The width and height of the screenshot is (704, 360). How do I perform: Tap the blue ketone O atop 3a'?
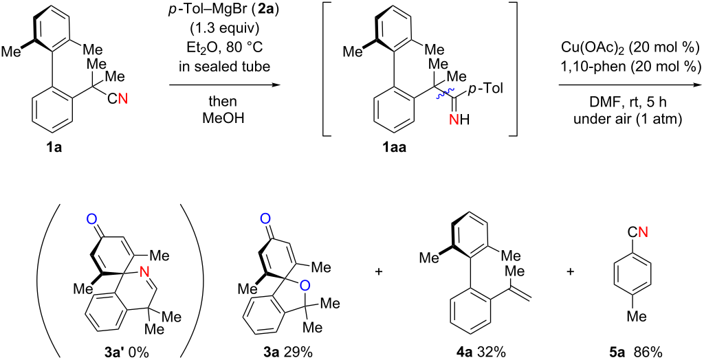coord(91,219)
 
